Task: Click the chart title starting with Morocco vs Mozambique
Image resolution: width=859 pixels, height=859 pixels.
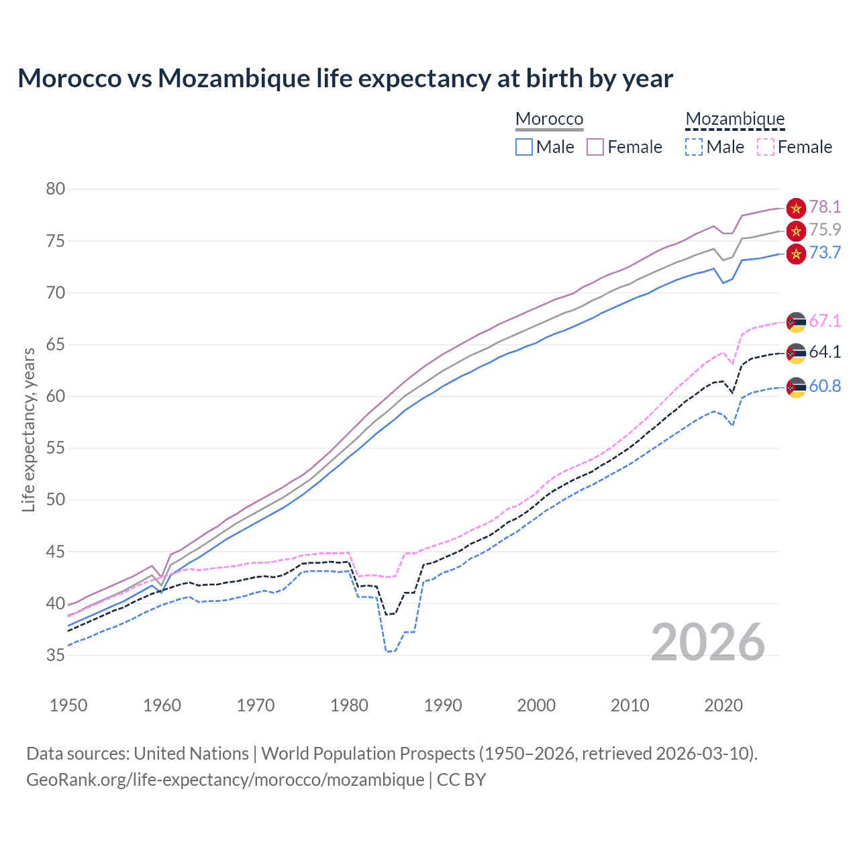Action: (x=345, y=79)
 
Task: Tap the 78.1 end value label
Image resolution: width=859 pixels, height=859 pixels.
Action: (x=825, y=207)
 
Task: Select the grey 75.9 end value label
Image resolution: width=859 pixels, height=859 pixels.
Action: (x=825, y=230)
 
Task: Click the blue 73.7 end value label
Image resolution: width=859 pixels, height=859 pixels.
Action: (x=825, y=252)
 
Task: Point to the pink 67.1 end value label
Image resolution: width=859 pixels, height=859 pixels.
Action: (x=825, y=321)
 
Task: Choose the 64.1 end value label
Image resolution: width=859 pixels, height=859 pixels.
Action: (x=825, y=352)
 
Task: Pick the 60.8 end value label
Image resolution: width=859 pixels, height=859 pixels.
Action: (x=825, y=386)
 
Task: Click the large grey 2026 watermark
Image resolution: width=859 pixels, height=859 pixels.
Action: (x=707, y=642)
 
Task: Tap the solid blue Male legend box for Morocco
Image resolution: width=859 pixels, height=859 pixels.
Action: (x=524, y=147)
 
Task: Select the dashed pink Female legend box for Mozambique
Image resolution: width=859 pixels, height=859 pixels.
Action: (x=766, y=147)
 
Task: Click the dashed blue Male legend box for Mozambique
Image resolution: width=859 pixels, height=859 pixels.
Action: (x=694, y=147)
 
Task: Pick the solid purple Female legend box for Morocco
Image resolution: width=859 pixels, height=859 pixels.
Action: (x=595, y=147)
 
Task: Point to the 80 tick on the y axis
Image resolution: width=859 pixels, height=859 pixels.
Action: (x=56, y=189)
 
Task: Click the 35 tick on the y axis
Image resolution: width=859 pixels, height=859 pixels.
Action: (x=56, y=655)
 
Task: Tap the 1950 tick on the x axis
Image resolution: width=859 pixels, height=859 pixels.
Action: (x=68, y=705)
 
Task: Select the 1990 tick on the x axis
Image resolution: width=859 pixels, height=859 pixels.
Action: (x=443, y=705)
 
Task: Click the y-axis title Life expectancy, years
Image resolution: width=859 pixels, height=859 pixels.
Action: (x=28, y=429)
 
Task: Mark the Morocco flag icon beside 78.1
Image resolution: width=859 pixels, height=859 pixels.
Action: (x=796, y=208)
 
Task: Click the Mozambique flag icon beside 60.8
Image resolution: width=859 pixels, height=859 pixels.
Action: (x=796, y=387)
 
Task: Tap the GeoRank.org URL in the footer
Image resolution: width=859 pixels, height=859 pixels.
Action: (x=225, y=779)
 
